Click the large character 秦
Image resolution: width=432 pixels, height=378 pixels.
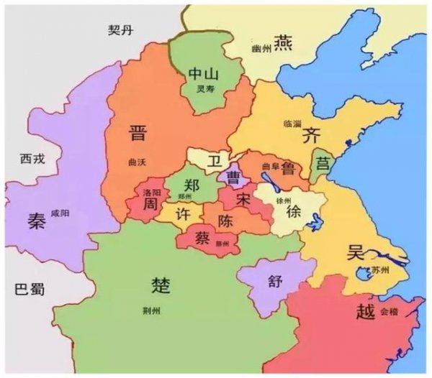37,220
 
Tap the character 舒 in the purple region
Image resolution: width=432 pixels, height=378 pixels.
274,281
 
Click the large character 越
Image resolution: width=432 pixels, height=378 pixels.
364,313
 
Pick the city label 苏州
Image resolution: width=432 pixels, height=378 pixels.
380,270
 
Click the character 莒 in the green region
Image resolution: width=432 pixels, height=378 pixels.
323,164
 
